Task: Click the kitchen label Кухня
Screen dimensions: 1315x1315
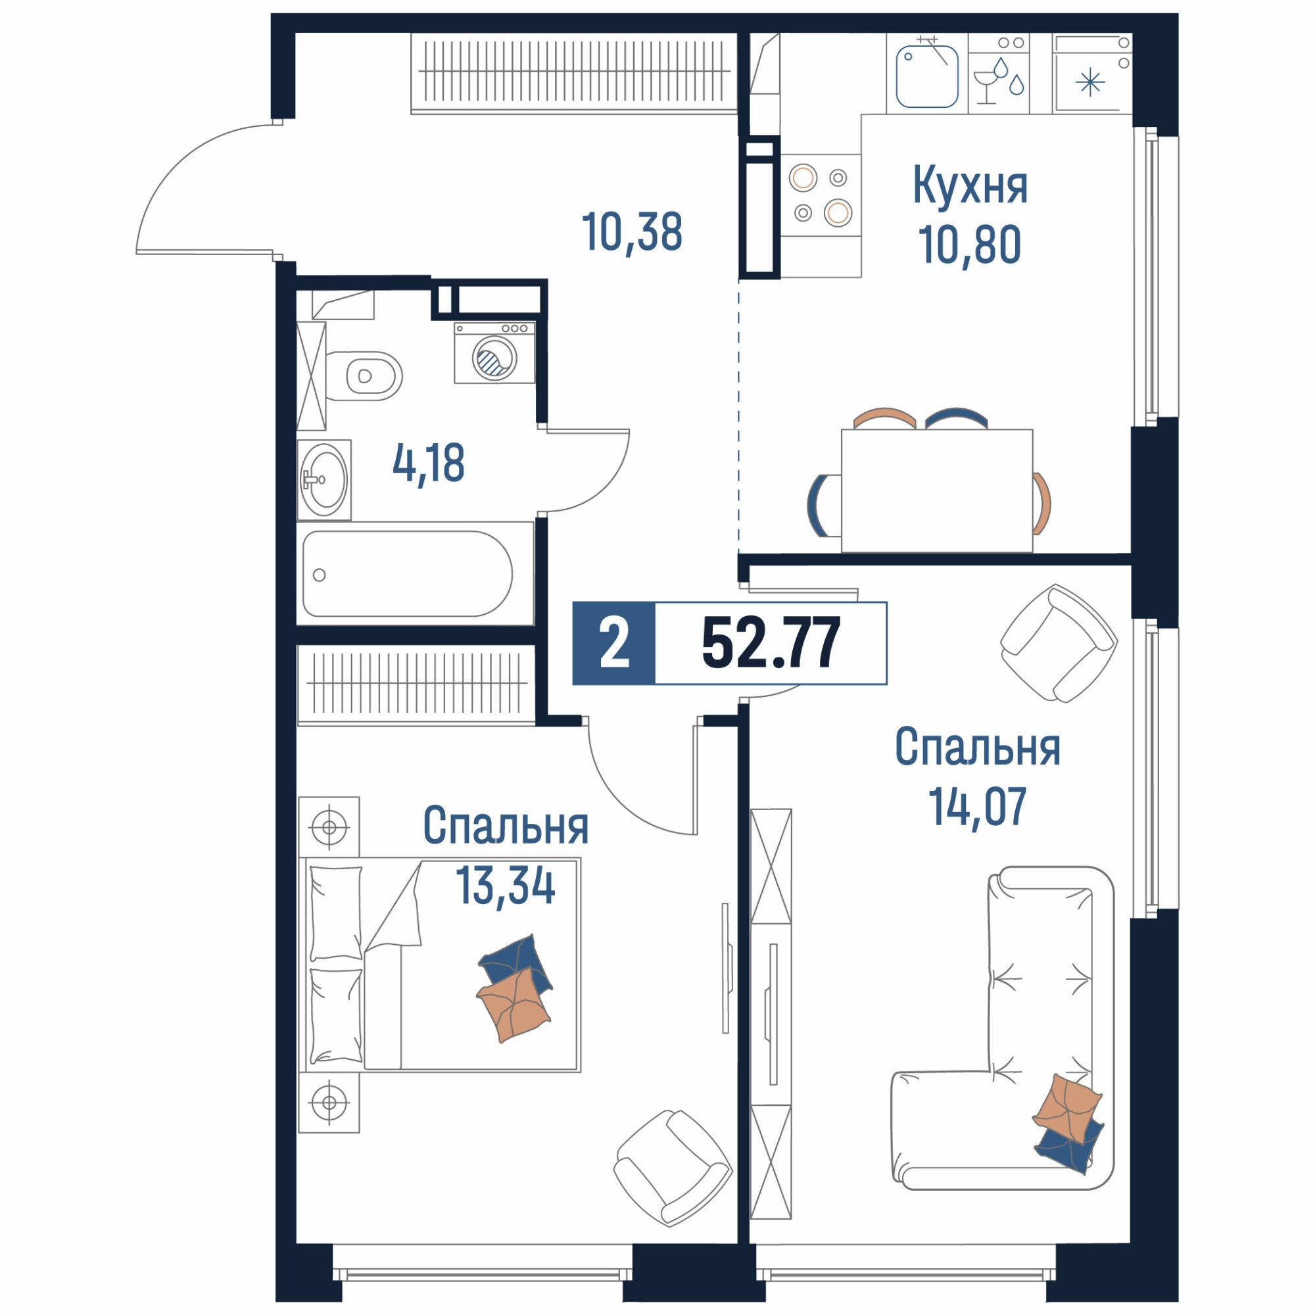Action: tap(970, 185)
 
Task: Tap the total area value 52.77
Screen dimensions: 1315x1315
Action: tap(771, 643)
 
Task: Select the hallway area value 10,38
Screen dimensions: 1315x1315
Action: tap(633, 232)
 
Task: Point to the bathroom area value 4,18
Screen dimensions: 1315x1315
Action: tap(429, 464)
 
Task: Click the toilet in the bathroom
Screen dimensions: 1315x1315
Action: tap(364, 375)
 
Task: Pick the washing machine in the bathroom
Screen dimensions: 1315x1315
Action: tap(495, 353)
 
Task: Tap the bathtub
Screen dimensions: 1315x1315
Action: tap(408, 574)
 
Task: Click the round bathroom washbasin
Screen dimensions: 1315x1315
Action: tap(325, 480)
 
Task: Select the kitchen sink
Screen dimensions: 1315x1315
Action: tap(927, 76)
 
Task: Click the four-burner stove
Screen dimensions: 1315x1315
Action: tap(821, 196)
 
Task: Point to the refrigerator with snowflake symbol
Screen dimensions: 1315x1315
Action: tap(1091, 74)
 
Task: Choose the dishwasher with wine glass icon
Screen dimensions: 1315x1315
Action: tap(999, 74)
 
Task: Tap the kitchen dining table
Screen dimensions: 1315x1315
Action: tap(937, 490)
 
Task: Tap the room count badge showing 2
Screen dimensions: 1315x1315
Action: tap(614, 643)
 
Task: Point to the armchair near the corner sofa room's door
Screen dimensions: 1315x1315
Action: tap(1059, 642)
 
